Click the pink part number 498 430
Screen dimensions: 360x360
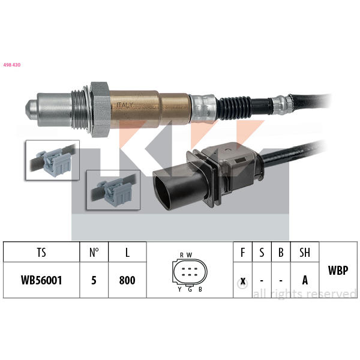pos(12,65)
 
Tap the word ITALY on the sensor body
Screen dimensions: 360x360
pos(125,105)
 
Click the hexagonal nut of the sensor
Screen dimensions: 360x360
pos(100,110)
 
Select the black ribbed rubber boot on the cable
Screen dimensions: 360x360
pos(234,108)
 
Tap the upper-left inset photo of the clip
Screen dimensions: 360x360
pos(53,160)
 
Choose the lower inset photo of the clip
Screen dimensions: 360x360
pos(113,190)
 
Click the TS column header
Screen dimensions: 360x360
pos(41,253)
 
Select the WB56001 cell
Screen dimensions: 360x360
pos(41,280)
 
